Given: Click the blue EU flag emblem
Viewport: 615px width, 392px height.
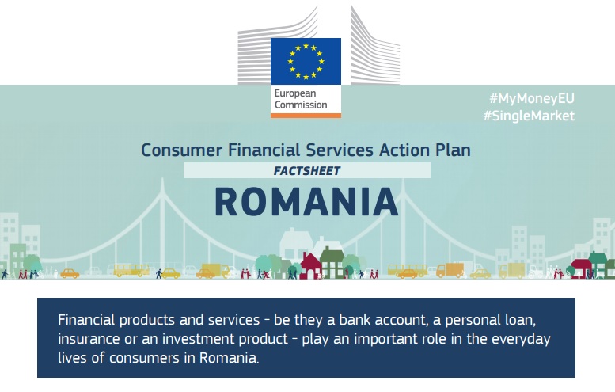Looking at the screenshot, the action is pos(306,61).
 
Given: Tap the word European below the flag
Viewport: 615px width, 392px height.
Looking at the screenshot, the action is pos(295,93).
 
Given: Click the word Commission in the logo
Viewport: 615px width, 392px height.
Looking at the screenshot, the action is pos(301,105).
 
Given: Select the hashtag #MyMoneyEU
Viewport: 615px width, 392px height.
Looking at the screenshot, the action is pos(532,98).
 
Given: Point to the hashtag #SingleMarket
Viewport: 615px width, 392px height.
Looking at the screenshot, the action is pos(529,116).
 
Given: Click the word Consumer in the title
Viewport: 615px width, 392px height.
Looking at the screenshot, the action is pos(181,150).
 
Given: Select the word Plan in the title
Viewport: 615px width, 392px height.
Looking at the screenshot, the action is pos(453,150).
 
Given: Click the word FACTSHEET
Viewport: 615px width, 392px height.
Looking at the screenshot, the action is pos(307,171).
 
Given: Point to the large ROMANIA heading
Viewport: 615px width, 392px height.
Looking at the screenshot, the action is pos(307,202).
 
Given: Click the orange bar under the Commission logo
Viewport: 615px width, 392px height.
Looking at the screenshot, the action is pos(306,116).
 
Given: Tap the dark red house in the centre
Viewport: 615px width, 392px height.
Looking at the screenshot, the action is pos(310,265).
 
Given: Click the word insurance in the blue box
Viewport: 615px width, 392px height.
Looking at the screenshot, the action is pos(89,339).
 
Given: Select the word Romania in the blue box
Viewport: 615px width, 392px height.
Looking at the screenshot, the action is pos(229,358).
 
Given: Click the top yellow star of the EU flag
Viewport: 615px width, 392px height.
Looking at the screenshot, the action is pos(306,46).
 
